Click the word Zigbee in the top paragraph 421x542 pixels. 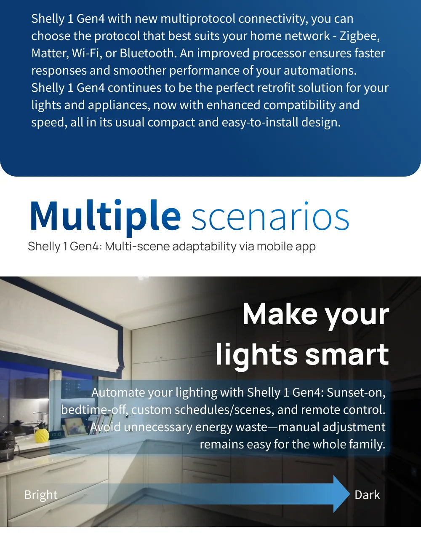[360, 36]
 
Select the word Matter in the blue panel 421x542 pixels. [50, 54]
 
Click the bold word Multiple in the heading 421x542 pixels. [105, 216]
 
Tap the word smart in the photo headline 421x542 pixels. [347, 354]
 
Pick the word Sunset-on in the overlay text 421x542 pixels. [356, 393]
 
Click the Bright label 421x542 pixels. [41, 495]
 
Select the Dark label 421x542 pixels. [367, 495]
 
